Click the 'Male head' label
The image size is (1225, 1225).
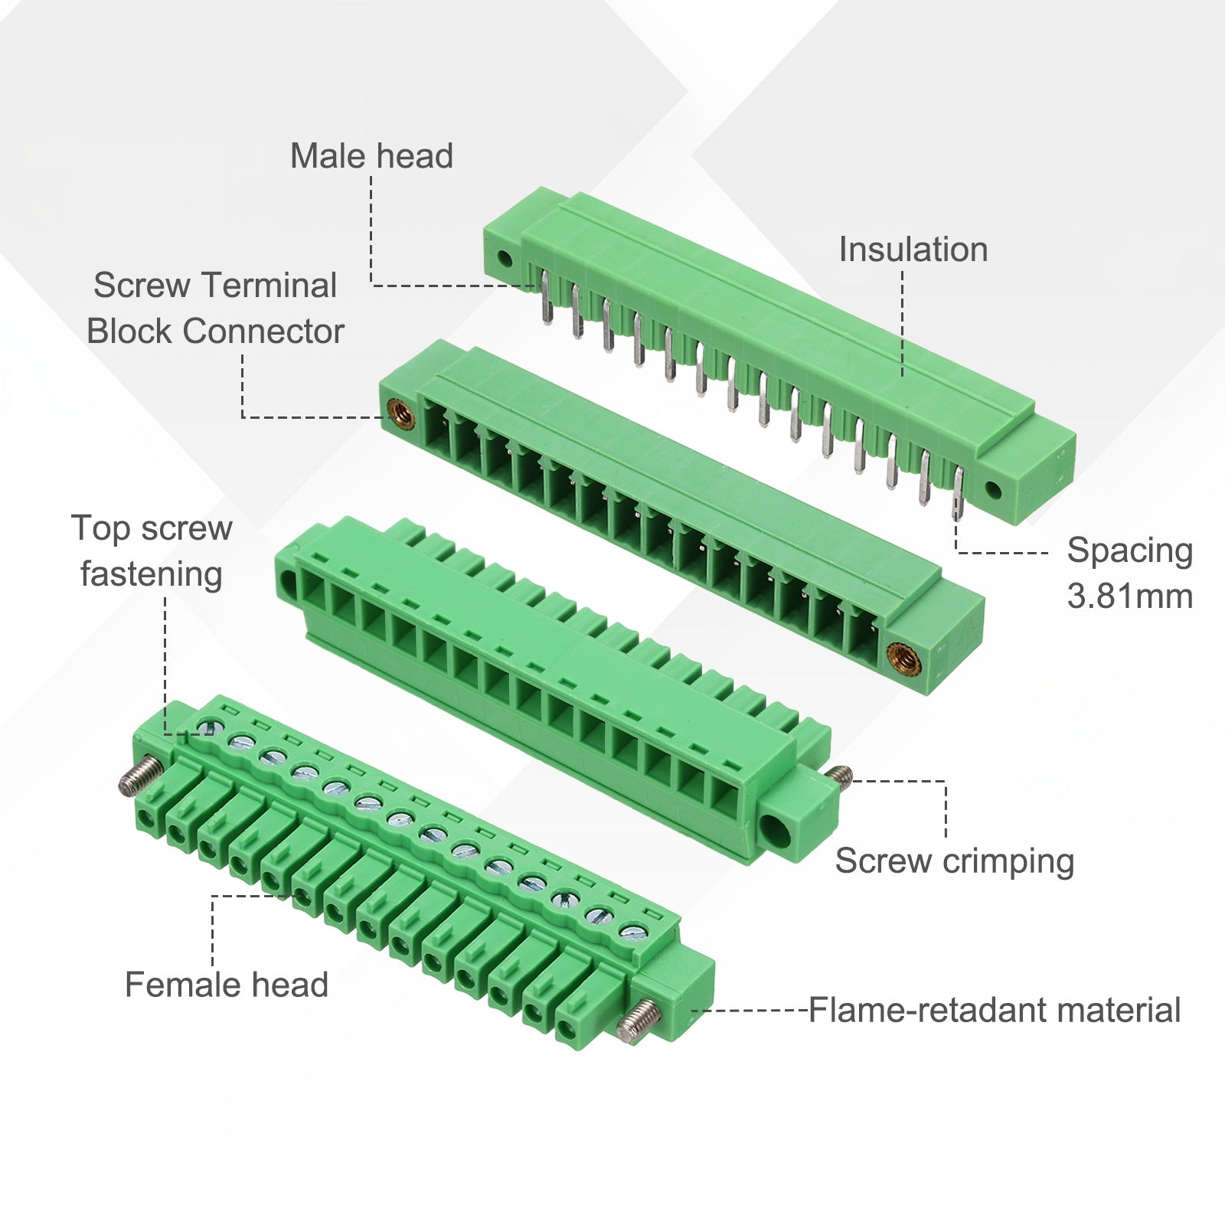click(371, 156)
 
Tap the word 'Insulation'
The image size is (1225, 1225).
click(913, 250)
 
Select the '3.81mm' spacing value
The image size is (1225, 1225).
click(1130, 596)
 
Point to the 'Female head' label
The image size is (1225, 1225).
click(227, 985)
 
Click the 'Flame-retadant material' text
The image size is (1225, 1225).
click(995, 1011)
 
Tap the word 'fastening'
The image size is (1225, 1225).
click(152, 575)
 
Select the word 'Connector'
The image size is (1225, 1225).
click(263, 332)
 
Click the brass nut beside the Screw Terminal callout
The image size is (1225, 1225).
click(400, 415)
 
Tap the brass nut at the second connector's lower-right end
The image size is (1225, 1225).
click(900, 658)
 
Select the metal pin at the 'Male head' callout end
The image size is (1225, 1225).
click(545, 299)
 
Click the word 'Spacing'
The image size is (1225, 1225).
click(1130, 551)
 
